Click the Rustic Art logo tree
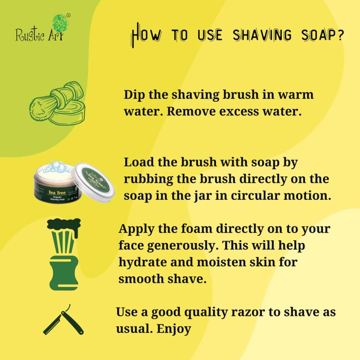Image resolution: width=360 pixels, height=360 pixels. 60,24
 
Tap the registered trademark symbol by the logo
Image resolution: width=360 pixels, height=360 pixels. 68,15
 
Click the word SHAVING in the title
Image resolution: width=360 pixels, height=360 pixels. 262,36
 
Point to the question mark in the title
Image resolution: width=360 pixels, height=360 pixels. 341,35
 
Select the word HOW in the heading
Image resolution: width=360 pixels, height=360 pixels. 146,35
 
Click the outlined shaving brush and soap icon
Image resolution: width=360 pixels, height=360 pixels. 58,103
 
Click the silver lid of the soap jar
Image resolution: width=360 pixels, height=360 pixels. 93,183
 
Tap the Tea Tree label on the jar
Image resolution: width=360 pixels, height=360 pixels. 57,193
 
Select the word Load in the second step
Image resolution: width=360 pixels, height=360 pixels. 139,162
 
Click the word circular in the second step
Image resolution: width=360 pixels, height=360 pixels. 255,196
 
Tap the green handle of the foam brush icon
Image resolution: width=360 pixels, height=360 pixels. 64,274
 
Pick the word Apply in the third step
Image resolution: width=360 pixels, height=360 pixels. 136,229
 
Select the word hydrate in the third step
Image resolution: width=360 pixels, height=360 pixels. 143,262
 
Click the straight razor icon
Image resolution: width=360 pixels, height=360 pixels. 63,320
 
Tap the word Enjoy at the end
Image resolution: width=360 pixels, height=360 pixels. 174,329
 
